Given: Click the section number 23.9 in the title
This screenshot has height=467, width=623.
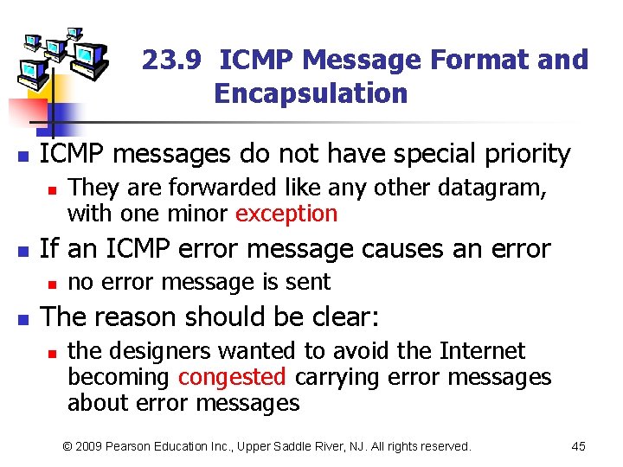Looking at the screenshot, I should (171, 61).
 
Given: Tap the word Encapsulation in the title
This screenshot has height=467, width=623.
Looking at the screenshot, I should (311, 93).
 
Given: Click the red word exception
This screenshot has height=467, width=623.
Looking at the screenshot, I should (286, 214).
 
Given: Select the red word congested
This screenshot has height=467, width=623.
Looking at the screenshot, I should (232, 377).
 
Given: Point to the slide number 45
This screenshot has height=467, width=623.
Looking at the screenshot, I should (579, 446).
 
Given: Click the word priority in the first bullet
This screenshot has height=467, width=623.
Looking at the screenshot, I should (522, 154).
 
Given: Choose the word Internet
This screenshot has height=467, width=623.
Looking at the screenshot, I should (483, 351).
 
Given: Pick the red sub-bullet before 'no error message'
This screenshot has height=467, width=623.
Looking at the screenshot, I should (52, 284).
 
